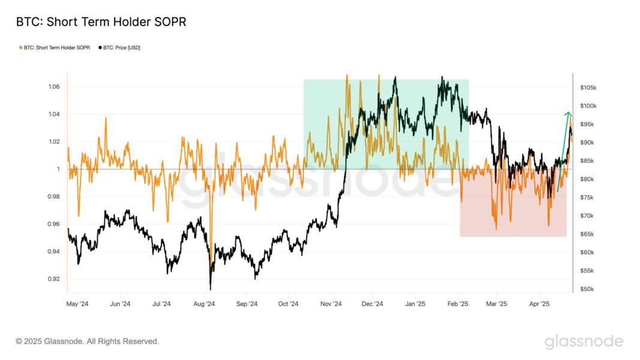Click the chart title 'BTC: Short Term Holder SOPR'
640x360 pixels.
[x=101, y=22]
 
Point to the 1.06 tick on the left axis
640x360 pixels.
[x=54, y=87]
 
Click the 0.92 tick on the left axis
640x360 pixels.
[x=54, y=279]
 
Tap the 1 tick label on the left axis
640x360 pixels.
[x=58, y=169]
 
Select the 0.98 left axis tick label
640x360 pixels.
[x=54, y=197]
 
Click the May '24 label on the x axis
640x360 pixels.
[x=77, y=304]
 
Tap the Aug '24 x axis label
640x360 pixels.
[x=204, y=304]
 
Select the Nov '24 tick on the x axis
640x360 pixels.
[x=330, y=304]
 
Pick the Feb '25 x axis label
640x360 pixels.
[x=458, y=304]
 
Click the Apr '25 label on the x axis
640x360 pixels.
[x=539, y=304]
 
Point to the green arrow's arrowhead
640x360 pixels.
[x=568, y=113]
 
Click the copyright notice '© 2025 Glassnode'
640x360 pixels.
[x=88, y=341]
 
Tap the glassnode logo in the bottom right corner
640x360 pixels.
[x=584, y=342]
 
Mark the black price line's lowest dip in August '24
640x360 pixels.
[x=210, y=287]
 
